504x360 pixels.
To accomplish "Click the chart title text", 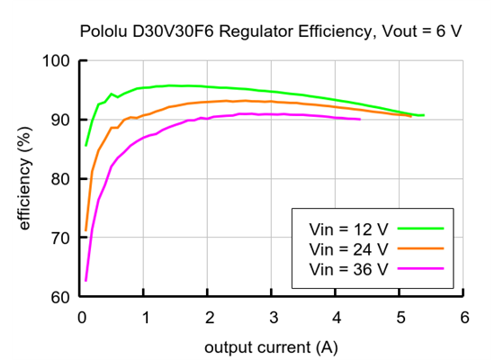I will pyautogui.click(x=271, y=31).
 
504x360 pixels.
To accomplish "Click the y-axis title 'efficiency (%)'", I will pyautogui.click(x=26, y=179).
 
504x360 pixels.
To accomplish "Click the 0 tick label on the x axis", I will pyautogui.click(x=82, y=317).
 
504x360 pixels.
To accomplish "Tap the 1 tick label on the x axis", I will pyautogui.click(x=145, y=317).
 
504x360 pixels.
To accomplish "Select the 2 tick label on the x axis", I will pyautogui.click(x=209, y=317).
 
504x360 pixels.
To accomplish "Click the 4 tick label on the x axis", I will pyautogui.click(x=336, y=317).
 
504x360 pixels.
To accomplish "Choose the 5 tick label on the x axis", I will pyautogui.click(x=400, y=317).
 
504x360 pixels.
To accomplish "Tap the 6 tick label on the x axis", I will pyautogui.click(x=463, y=317).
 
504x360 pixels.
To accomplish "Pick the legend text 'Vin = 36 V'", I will pyautogui.click(x=348, y=268).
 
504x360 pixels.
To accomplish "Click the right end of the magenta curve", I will pyautogui.click(x=360, y=119).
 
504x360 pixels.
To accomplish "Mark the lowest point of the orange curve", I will pyautogui.click(x=85, y=230).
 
